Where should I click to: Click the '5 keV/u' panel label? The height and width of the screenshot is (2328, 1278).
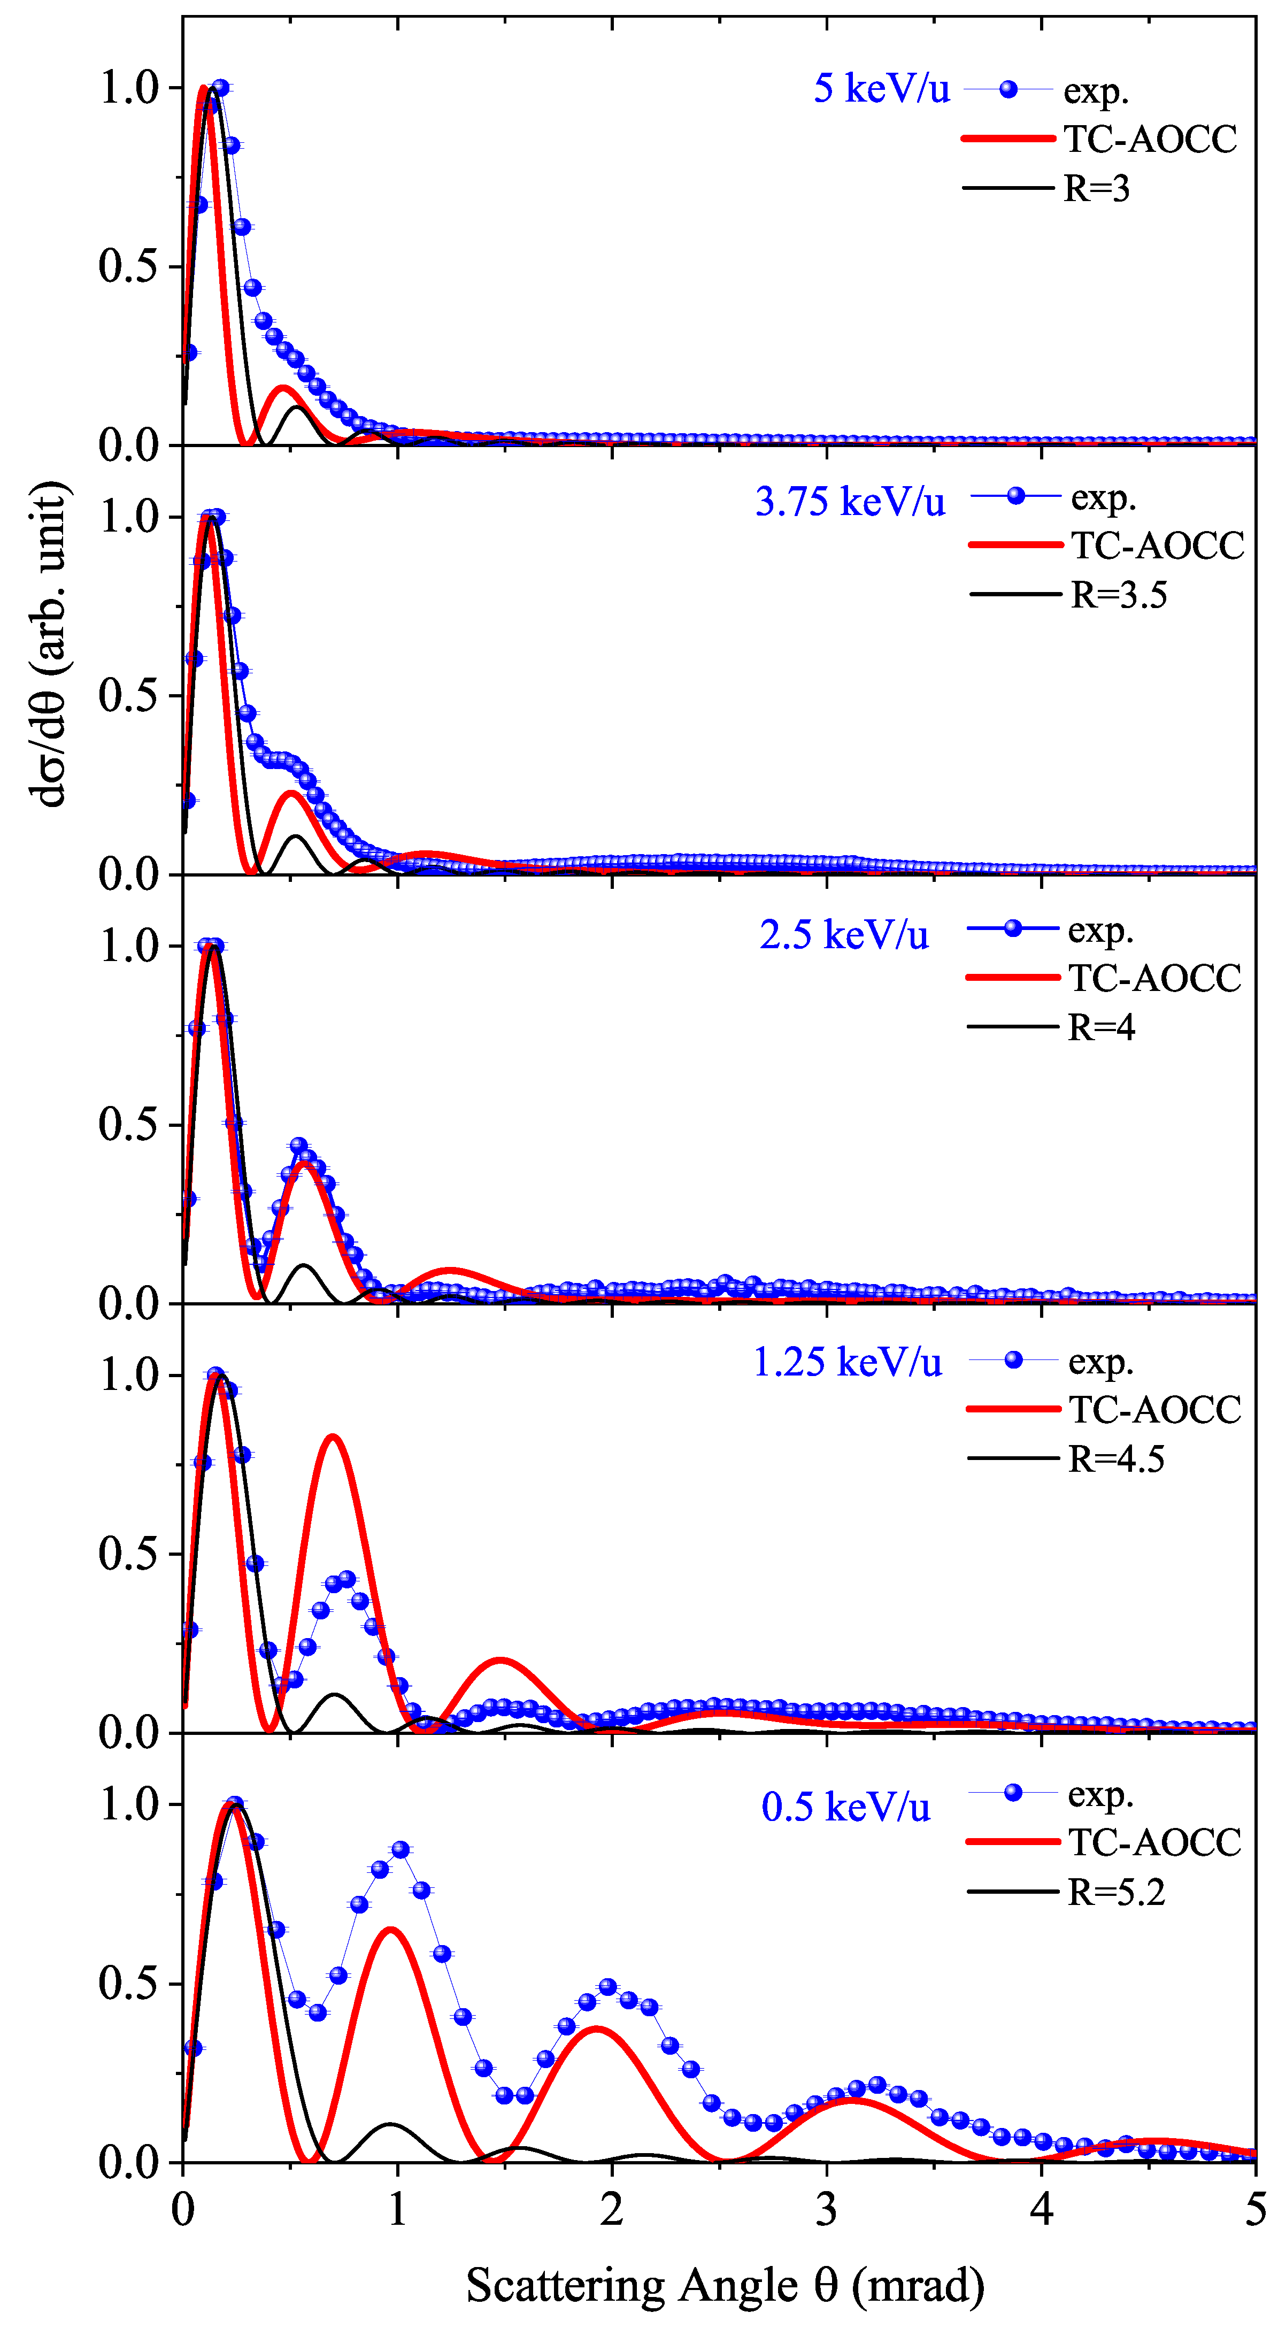[x=881, y=89]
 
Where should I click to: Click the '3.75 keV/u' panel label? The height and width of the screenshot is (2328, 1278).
[x=850, y=502]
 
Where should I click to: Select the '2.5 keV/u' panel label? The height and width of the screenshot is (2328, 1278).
[x=843, y=934]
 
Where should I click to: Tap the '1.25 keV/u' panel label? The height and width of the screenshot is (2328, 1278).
[x=847, y=1362]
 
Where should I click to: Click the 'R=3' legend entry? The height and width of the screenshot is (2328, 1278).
[x=1096, y=189]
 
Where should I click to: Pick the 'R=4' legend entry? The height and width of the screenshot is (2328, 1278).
[x=1101, y=1027]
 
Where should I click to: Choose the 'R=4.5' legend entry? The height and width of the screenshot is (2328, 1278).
[x=1115, y=1458]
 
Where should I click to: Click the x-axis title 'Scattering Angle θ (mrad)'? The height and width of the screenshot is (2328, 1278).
[x=725, y=2286]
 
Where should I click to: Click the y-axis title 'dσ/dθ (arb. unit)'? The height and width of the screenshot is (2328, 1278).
[x=50, y=643]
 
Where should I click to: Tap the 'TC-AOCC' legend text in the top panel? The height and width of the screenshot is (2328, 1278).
[x=1150, y=139]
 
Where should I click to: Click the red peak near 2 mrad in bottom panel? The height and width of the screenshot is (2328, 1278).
[x=597, y=2030]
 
